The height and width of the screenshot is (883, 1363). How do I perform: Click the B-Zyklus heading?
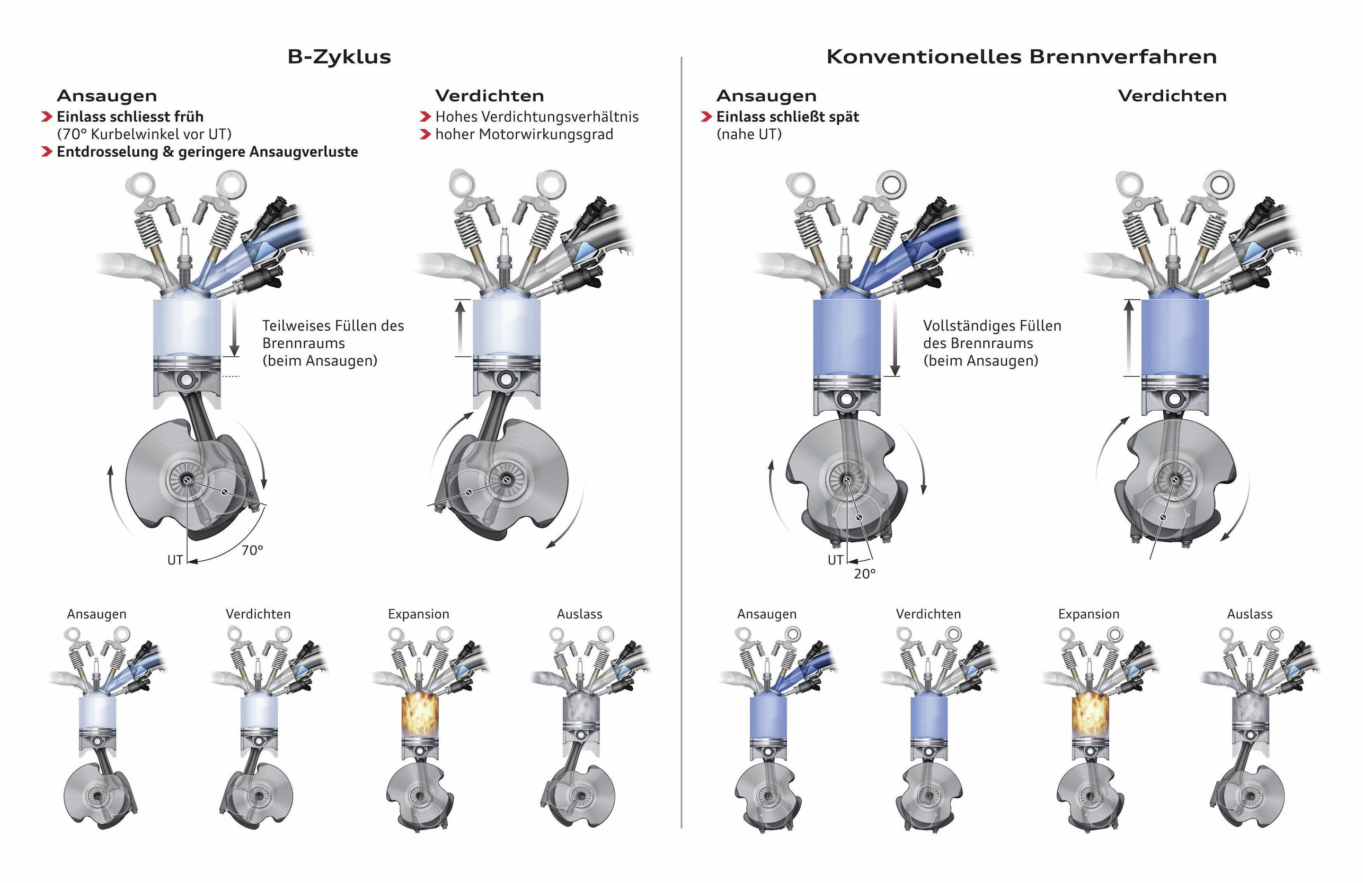339,57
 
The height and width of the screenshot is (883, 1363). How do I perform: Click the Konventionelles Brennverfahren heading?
1022,57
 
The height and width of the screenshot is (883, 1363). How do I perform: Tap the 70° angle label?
252,550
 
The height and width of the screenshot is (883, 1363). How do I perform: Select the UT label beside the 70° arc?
175,560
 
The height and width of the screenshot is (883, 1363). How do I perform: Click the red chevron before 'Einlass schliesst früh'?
47,117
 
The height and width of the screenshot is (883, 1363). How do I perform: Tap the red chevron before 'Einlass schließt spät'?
706,117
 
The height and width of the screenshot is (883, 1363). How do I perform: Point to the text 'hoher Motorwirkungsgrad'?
524,134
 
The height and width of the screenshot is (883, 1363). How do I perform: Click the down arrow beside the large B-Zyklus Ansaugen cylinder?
234,329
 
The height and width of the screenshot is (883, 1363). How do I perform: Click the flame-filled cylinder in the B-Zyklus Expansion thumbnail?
419,716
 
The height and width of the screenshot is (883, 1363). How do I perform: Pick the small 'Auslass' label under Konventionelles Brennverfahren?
1249,614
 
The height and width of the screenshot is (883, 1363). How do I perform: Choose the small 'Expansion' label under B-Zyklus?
419,614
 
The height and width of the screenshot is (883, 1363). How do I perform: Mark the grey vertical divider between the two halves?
681,442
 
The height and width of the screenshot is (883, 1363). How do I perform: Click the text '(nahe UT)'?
749,134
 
